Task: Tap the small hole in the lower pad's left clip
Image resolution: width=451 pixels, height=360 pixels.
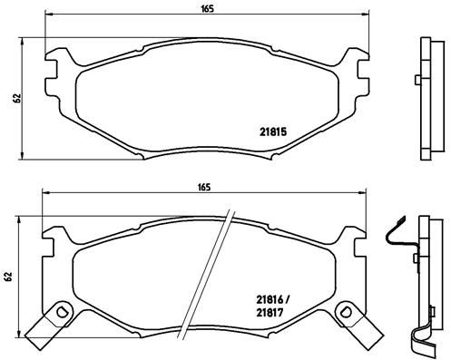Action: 62,313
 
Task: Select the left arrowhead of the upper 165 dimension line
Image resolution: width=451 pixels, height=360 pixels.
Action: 48,16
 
